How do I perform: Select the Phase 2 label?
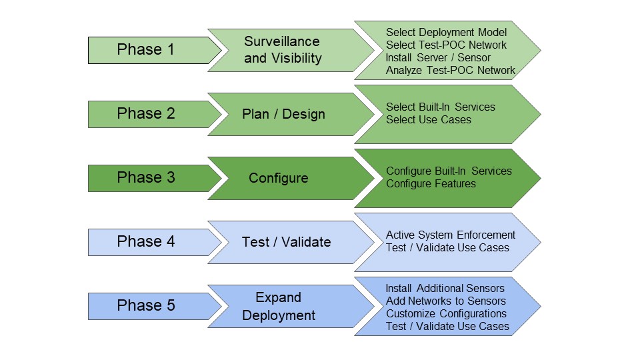[146, 114]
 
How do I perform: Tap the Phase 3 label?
[146, 178]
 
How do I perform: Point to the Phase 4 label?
[146, 242]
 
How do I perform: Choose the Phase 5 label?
[146, 306]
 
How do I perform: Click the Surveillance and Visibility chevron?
[283, 50]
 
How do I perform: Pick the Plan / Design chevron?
[283, 114]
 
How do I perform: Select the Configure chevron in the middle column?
[279, 178]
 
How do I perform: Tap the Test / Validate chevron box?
[286, 242]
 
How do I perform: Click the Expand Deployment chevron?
[279, 306]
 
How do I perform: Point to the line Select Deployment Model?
[446, 33]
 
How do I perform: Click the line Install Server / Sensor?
[438, 58]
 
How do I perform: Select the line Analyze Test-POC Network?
[450, 71]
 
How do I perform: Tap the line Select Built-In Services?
[440, 107]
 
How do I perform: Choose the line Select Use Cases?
[428, 120]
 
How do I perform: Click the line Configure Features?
[431, 184]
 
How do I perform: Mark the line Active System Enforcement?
[451, 235]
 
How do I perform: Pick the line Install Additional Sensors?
[445, 289]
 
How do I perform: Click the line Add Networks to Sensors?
[446, 301]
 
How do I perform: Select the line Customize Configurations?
[446, 314]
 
